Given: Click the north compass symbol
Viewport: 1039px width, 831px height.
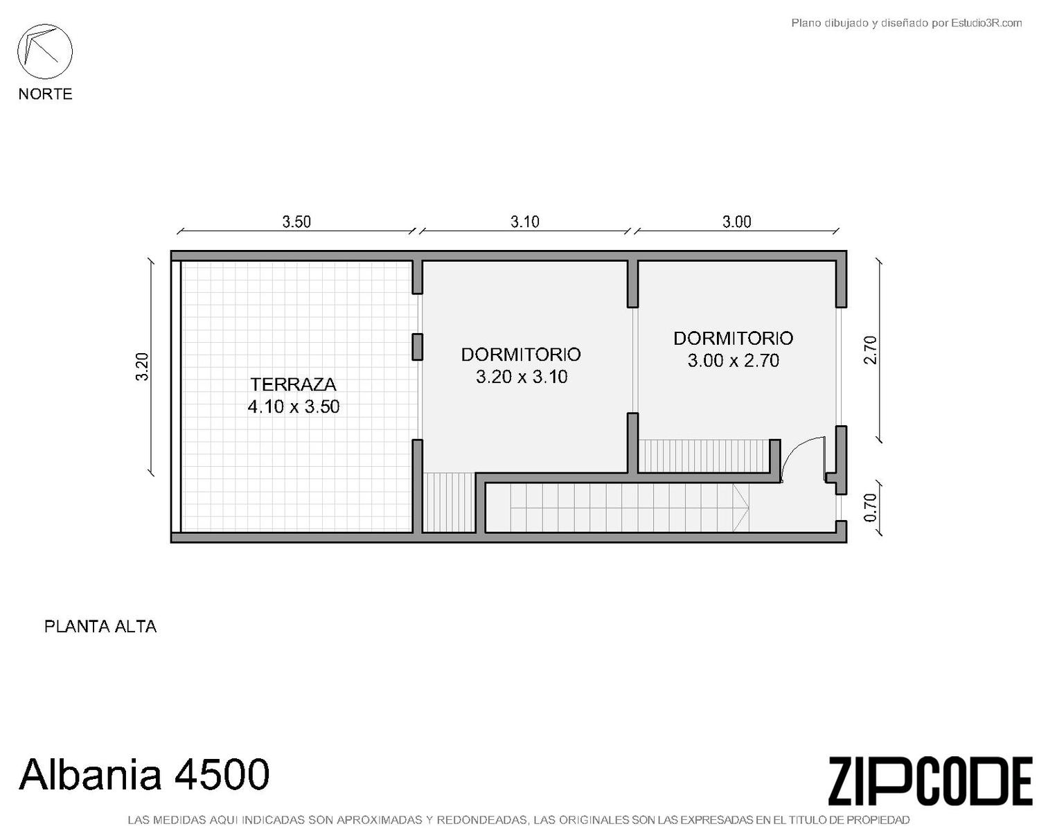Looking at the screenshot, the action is click(45, 51).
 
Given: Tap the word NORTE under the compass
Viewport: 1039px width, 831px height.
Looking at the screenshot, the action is click(46, 93).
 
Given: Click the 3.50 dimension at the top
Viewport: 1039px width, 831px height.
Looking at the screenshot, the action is click(296, 222).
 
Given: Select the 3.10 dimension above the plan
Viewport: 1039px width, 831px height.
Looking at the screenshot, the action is click(525, 222).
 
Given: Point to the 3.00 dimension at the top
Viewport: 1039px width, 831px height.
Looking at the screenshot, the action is click(737, 222).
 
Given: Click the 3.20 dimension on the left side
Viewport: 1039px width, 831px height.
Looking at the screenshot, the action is click(142, 366).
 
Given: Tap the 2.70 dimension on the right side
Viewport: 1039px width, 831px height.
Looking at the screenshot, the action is click(871, 350).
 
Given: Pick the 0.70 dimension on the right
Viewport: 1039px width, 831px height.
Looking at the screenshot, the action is click(871, 508).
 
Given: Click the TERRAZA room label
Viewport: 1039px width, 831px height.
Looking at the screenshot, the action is click(294, 384).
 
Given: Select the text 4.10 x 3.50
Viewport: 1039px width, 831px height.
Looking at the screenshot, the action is click(294, 406).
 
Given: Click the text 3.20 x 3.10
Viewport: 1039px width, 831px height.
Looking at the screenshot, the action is click(522, 377).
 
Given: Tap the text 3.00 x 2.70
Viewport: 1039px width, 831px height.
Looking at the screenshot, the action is click(734, 361).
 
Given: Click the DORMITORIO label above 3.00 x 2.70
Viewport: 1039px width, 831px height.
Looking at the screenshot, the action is click(734, 339).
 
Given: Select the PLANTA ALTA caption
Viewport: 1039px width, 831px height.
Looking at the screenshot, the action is click(100, 626).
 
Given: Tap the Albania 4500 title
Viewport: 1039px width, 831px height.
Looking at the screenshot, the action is click(144, 774).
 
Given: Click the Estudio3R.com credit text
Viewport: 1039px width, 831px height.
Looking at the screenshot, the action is click(906, 23).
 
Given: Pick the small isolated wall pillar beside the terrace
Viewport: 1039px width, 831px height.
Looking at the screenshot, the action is click(418, 347).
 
